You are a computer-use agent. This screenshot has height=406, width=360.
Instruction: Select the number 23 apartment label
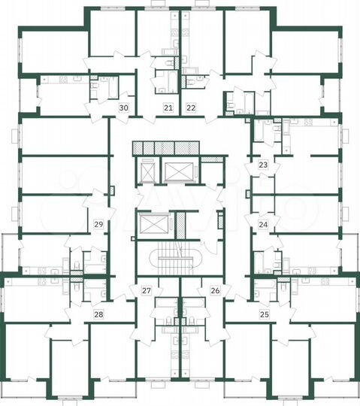(x=263, y=165)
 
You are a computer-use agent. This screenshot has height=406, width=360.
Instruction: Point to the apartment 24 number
(x=263, y=224)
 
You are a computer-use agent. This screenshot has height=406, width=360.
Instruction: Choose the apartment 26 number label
(x=215, y=290)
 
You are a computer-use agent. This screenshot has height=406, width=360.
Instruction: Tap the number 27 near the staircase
(x=147, y=290)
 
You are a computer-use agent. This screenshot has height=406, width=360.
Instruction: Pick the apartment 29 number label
(x=98, y=224)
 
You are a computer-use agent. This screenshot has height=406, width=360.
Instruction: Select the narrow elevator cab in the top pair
(x=148, y=174)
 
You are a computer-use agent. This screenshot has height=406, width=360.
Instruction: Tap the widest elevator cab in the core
(x=178, y=173)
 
